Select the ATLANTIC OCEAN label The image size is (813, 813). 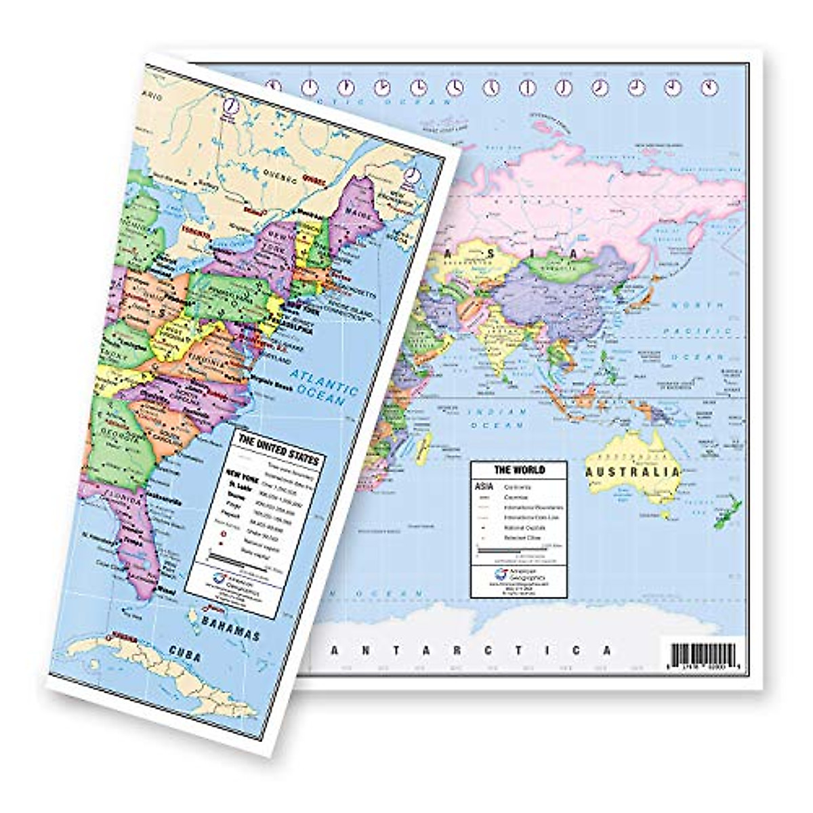[325, 387]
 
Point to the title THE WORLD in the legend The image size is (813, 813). [520, 470]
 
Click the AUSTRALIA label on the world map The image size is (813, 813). [633, 472]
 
